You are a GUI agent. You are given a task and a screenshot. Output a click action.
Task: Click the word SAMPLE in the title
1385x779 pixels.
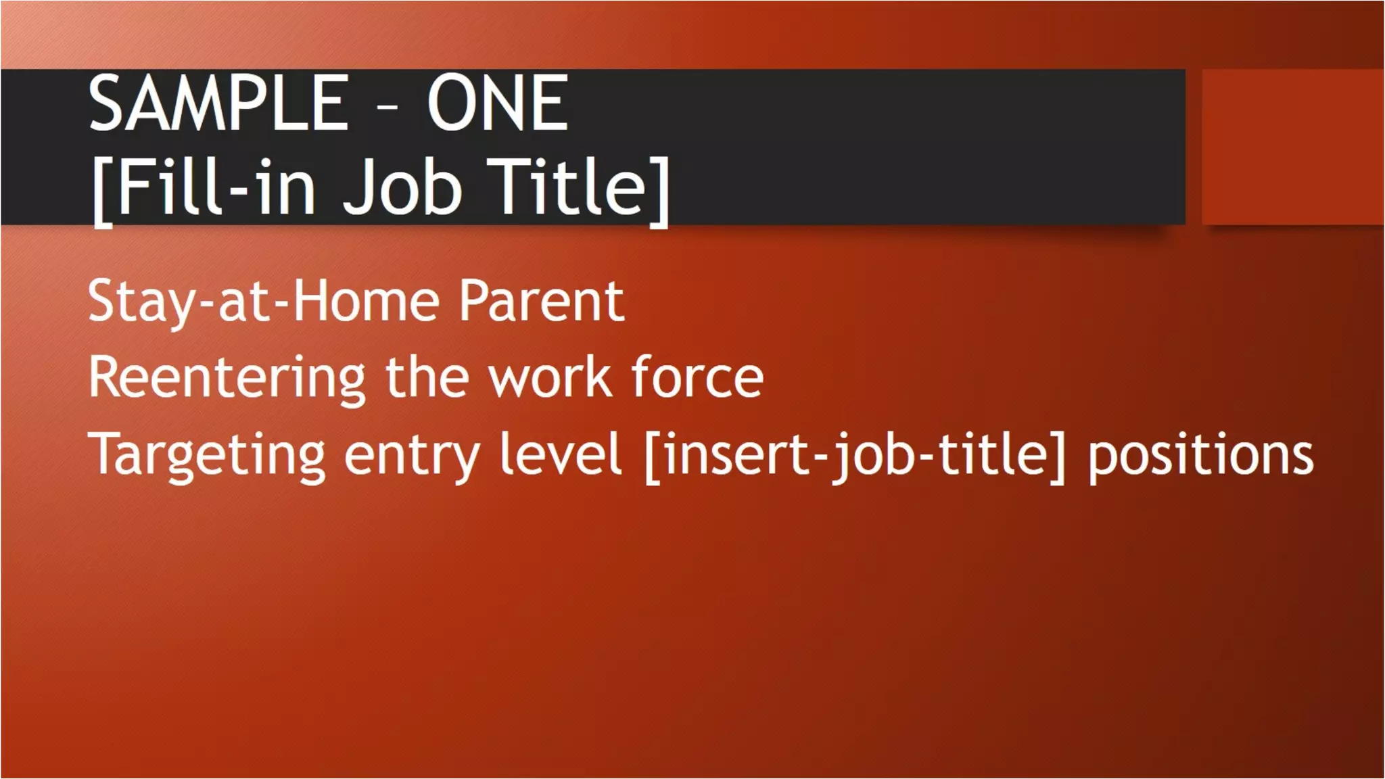point(218,104)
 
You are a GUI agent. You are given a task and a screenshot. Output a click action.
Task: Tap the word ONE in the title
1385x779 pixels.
point(497,104)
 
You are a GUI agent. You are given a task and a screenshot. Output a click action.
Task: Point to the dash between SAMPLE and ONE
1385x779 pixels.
point(387,107)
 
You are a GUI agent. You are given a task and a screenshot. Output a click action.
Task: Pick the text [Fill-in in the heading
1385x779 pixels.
point(204,188)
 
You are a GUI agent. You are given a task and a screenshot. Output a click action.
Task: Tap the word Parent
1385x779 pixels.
point(541,302)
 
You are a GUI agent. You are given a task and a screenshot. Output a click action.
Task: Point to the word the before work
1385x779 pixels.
point(427,377)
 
